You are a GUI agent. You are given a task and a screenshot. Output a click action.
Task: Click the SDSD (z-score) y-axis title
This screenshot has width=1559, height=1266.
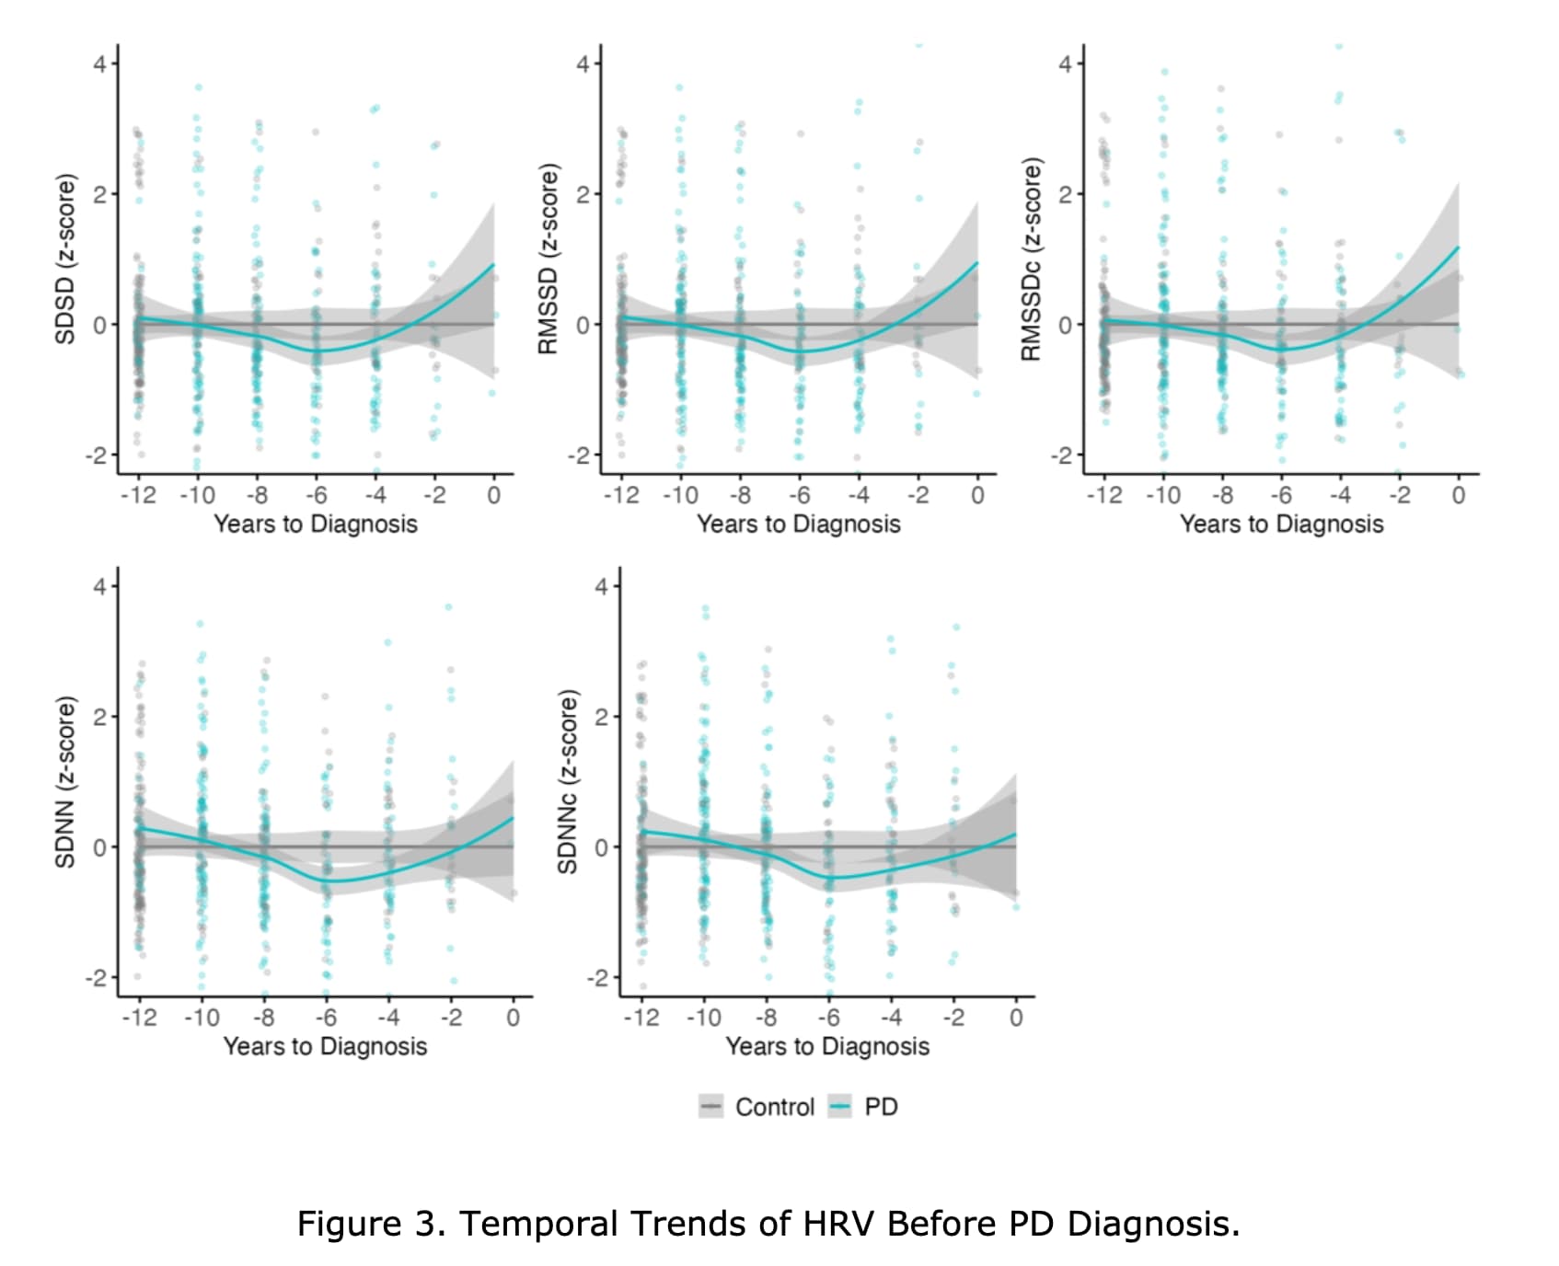(64, 259)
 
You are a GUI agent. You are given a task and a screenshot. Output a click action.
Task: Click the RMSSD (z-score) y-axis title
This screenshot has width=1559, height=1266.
(549, 259)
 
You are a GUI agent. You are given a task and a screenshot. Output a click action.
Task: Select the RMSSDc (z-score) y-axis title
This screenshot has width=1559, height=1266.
(1032, 259)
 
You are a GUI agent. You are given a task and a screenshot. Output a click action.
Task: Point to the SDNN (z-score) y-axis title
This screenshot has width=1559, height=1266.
(64, 781)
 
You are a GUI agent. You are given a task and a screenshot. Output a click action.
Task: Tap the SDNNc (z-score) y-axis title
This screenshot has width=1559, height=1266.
(568, 781)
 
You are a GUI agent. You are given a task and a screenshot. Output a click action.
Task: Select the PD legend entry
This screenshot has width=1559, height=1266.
(864, 1106)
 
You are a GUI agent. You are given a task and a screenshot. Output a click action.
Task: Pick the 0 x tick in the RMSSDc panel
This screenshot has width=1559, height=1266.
(1458, 495)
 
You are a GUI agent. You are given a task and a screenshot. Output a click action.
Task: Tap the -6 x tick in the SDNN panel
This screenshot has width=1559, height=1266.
(326, 1018)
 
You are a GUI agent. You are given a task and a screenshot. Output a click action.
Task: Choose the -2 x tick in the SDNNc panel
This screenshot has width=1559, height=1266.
(953, 1018)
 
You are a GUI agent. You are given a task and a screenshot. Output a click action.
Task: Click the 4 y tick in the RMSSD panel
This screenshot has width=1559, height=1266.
(583, 64)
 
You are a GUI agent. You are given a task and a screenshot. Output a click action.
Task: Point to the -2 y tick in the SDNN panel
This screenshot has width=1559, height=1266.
(97, 978)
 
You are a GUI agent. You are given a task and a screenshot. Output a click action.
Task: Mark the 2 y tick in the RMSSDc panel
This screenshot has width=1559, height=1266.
(1066, 194)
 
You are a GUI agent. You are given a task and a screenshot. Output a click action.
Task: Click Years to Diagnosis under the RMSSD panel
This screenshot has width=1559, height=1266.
(798, 524)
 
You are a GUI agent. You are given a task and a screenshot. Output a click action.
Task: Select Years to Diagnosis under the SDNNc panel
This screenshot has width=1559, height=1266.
(827, 1047)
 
